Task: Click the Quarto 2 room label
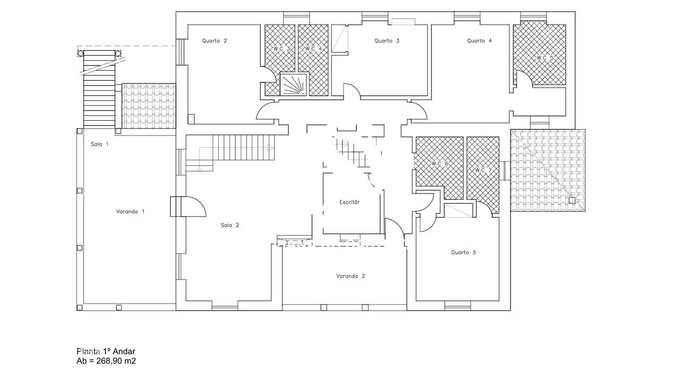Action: tap(214, 41)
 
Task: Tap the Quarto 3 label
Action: tap(387, 41)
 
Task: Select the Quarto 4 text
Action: tap(479, 41)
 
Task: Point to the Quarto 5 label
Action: tap(463, 252)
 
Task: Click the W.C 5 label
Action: tap(545, 57)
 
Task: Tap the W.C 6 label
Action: tap(440, 164)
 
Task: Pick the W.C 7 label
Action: tap(483, 170)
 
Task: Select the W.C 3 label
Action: tap(282, 48)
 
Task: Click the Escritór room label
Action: tap(350, 202)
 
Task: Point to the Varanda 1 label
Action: tap(130, 211)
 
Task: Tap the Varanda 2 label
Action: tap(351, 276)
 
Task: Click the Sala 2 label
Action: tap(230, 225)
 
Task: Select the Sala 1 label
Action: tap(99, 145)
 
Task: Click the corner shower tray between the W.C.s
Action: tap(294, 84)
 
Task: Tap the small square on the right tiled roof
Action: tap(572, 200)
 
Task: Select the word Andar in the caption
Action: tap(124, 351)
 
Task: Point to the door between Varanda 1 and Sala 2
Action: tap(188, 207)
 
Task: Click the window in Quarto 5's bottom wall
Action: tap(458, 306)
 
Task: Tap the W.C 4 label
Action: tap(313, 48)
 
